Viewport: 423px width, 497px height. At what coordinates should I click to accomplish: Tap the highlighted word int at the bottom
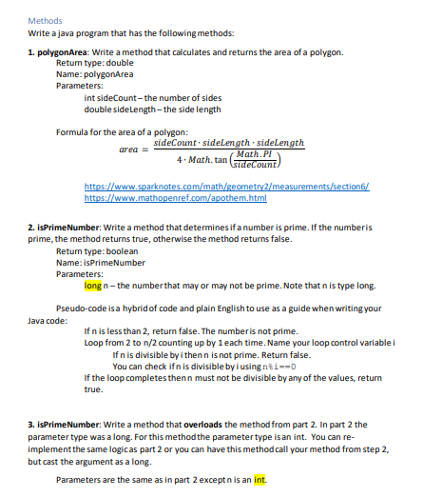(259, 479)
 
